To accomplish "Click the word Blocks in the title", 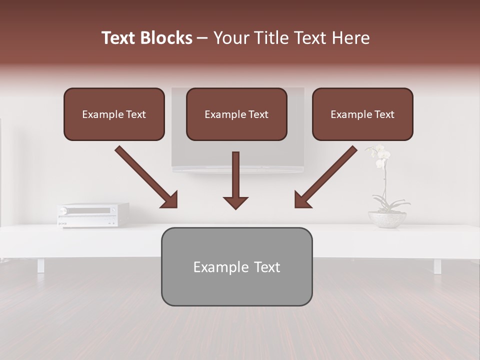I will [166, 38].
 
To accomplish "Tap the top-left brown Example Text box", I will [114, 114].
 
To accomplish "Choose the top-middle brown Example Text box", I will [236, 114].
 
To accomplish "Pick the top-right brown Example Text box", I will [362, 114].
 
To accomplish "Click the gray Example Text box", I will [236, 266].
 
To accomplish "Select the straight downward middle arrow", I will [235, 180].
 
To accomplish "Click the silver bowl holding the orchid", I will [387, 219].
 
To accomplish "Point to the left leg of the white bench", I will [40, 265].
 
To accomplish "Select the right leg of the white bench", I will [437, 265].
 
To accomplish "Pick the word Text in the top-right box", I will [384, 114].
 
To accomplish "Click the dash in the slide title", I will [202, 38].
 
